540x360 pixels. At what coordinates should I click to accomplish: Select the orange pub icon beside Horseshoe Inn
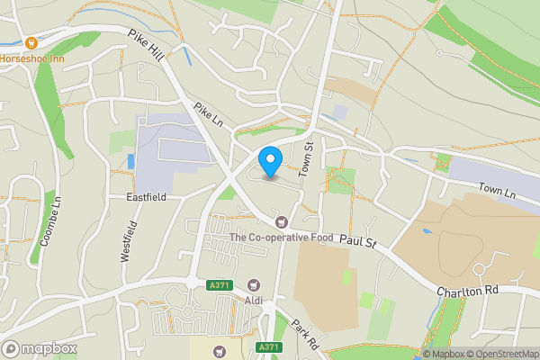[x=31, y=42]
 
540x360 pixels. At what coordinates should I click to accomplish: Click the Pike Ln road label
[x=207, y=114]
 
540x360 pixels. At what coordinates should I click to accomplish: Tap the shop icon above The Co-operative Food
[x=282, y=221]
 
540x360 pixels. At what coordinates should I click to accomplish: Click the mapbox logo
[x=38, y=347]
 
